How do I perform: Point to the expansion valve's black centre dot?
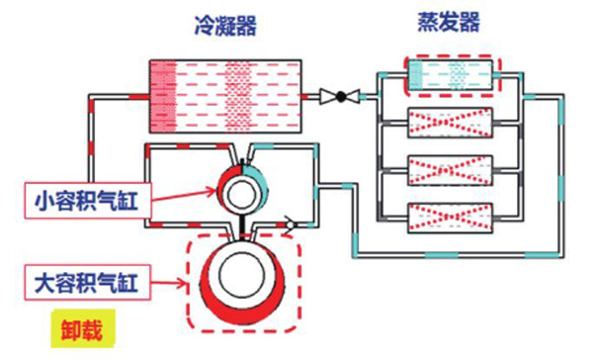(342, 97)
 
